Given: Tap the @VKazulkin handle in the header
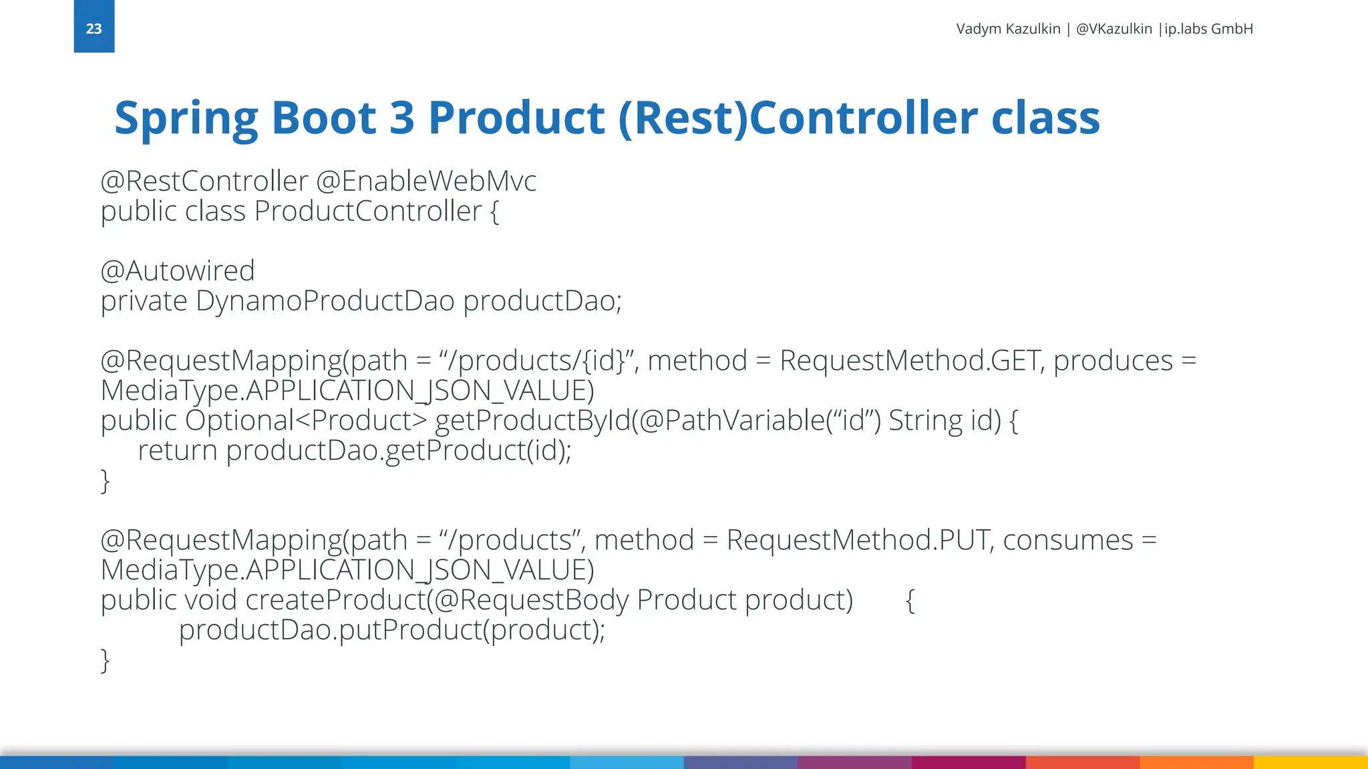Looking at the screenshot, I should (x=1114, y=29).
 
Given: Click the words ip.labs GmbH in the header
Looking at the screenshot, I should (x=1208, y=29).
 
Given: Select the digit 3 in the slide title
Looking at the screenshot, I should (x=401, y=118).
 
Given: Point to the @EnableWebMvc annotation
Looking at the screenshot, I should (x=425, y=181).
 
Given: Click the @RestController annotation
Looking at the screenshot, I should (x=204, y=181).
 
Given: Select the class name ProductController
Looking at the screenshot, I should (x=368, y=211).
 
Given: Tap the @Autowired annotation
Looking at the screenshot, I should (x=177, y=270).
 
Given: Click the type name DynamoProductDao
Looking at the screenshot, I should (x=325, y=300).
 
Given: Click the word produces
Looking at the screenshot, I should (x=1113, y=360).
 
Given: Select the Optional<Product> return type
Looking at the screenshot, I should (x=306, y=421).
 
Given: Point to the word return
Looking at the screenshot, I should (x=177, y=451).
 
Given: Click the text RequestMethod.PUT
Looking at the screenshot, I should (x=857, y=540).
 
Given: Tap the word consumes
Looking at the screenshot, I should (x=1067, y=540).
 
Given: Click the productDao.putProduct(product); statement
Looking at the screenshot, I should (x=391, y=629).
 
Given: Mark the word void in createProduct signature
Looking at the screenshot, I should (x=210, y=599).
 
